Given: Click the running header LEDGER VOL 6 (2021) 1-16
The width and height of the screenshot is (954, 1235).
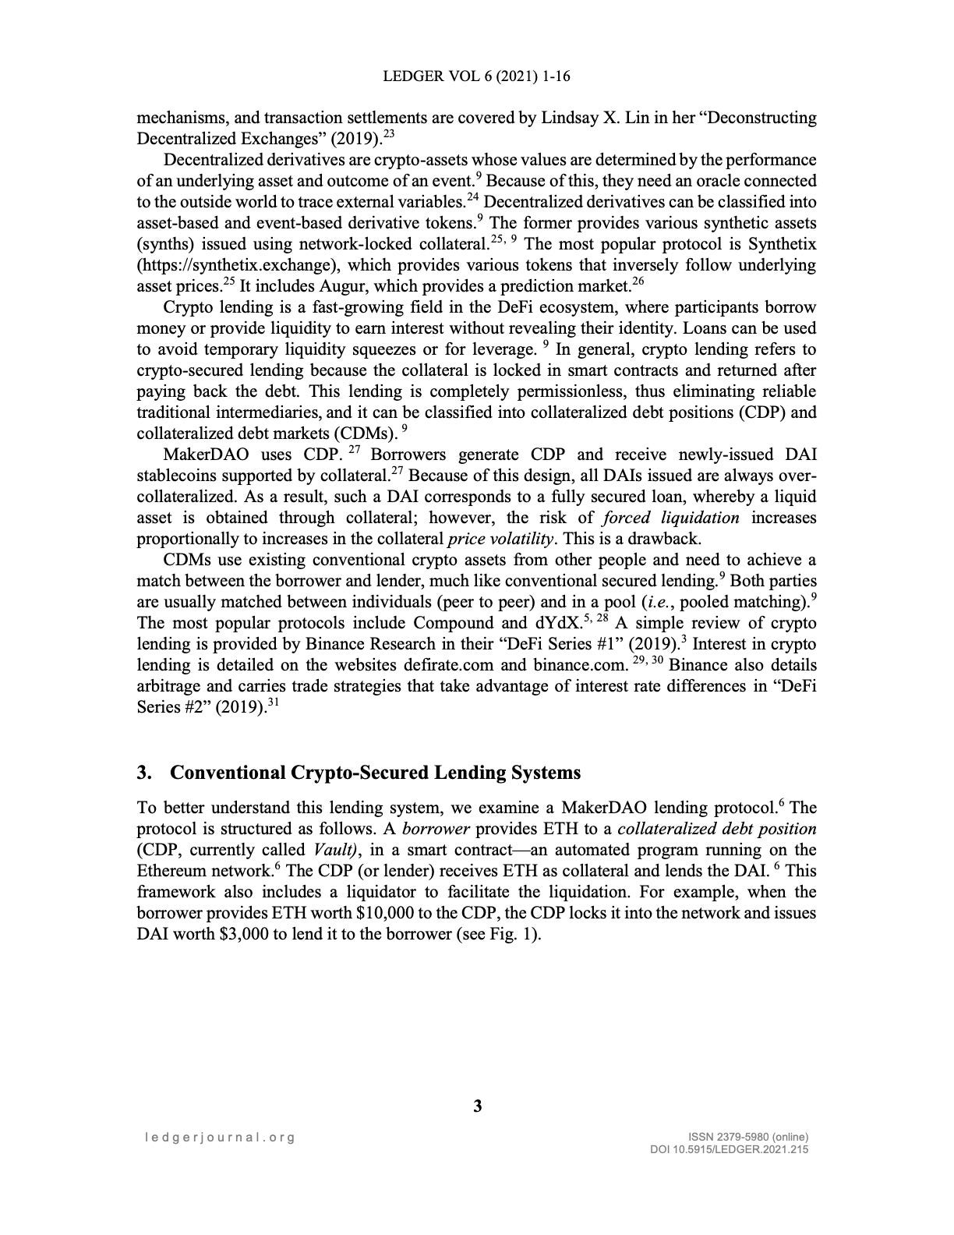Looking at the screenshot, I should (477, 76).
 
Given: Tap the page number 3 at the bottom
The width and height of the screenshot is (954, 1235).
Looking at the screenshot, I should (477, 1106).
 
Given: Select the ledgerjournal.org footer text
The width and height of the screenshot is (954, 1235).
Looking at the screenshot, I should (221, 1137).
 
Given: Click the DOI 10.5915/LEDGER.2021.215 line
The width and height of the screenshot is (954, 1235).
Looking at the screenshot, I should (729, 1149).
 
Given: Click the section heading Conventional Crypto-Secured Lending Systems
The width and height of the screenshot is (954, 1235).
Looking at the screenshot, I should (375, 772).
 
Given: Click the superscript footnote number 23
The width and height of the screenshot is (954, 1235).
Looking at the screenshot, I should (390, 134).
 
